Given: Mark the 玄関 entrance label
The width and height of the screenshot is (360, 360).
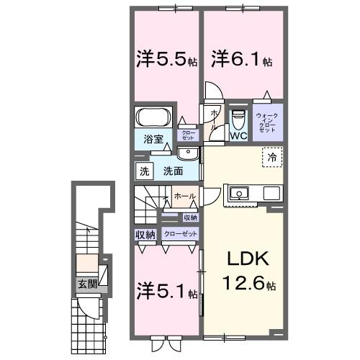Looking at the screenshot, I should click(x=86, y=284).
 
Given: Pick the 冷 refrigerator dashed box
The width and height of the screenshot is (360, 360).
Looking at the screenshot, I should click(x=271, y=156).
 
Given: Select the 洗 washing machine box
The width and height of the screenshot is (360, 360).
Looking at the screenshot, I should click(x=144, y=172).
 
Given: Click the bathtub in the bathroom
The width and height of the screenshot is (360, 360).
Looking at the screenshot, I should click(x=152, y=117).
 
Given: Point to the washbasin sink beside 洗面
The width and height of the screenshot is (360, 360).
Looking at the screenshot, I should click(x=187, y=154).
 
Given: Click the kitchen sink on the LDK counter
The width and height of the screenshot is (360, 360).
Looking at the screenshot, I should click(x=239, y=194).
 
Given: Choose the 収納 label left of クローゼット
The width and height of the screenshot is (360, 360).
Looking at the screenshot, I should click(x=145, y=235).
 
